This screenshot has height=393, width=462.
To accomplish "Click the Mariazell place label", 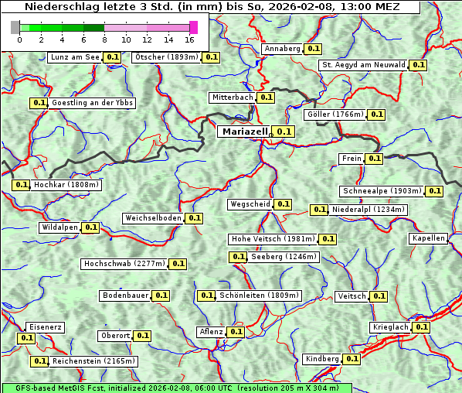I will tap(245, 132).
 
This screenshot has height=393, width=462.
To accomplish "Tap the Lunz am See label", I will tap(74, 57).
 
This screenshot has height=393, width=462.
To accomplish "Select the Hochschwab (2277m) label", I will tap(124, 264).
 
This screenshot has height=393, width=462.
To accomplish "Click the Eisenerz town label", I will tap(45, 327).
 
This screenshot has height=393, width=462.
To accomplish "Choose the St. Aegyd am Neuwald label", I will tap(363, 65).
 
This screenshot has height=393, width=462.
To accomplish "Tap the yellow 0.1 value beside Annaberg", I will tap(313, 49).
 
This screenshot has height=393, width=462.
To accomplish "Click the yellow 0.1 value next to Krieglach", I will tap(421, 327).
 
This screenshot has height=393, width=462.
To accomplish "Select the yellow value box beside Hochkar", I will tap(21, 185).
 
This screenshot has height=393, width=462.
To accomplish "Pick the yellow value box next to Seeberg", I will tap(238, 257).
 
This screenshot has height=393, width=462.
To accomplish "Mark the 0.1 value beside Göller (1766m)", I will tap(376, 114).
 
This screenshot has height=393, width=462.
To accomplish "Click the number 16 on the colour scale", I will tap(189, 39).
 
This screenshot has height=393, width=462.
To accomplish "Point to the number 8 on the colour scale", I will tap(104, 39).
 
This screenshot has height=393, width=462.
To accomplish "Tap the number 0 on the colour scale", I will tap(19, 39).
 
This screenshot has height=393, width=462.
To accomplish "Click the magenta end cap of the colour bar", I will tap(193, 27).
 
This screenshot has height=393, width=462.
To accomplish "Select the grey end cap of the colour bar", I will tap(15, 27).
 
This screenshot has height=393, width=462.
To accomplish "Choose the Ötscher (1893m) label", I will tap(166, 57).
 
